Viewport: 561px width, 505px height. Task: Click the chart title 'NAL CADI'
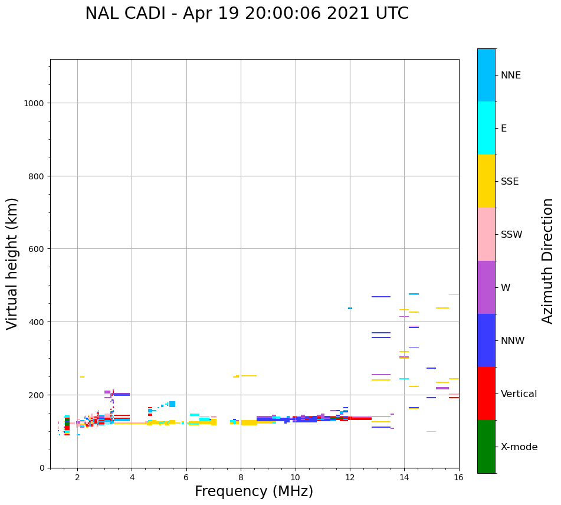coord(125,14)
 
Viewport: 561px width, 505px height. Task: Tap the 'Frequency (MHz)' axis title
coord(254,491)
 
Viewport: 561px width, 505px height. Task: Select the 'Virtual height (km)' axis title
coord(12,264)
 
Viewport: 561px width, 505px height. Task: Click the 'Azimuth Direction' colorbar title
coord(547,261)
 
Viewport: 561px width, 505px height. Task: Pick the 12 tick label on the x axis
coord(350,477)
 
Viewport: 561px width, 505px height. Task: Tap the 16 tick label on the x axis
coord(459,477)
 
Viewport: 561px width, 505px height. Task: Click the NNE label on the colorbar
coord(510,75)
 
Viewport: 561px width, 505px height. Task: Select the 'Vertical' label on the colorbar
coord(519,393)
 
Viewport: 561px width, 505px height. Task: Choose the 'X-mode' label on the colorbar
coord(519,447)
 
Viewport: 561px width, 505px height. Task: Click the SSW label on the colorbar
coord(511,234)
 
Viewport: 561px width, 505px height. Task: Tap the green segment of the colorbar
coord(486,447)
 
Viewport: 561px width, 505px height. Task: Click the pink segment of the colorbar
coord(486,234)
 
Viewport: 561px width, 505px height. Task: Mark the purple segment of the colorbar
coord(486,287)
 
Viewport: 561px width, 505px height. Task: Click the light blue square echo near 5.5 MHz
coord(172,404)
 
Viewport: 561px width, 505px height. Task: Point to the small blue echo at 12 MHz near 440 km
coord(350,308)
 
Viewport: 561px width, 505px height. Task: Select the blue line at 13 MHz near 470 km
coord(381,297)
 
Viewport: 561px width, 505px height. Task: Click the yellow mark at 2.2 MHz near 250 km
coord(82,377)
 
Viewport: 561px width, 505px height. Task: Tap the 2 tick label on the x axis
coord(77,477)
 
